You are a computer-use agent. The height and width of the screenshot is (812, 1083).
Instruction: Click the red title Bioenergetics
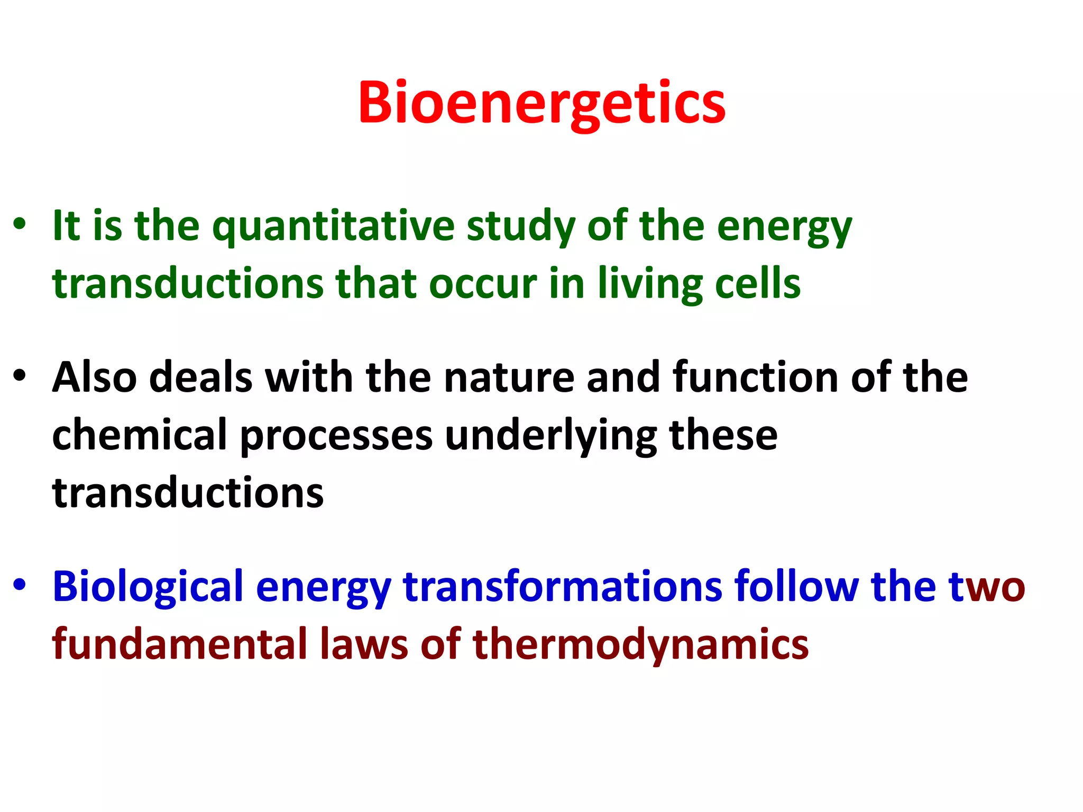pyautogui.click(x=541, y=103)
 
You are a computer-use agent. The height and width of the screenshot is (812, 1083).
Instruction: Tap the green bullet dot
pyautogui.click(x=20, y=224)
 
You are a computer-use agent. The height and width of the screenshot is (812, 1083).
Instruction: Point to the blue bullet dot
pyautogui.click(x=20, y=585)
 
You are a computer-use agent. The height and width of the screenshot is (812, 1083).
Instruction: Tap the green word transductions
pyautogui.click(x=188, y=284)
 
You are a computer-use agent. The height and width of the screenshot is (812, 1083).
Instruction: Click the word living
pyautogui.click(x=650, y=284)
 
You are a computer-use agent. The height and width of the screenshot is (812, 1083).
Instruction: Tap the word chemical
pyautogui.click(x=140, y=435)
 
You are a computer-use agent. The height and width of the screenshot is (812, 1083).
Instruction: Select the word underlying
pyautogui.click(x=550, y=435)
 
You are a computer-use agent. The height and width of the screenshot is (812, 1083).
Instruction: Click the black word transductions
pyautogui.click(x=188, y=493)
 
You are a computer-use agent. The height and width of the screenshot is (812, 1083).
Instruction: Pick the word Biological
pyautogui.click(x=148, y=587)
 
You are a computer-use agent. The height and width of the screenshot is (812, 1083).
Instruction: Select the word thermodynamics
pyautogui.click(x=640, y=644)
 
